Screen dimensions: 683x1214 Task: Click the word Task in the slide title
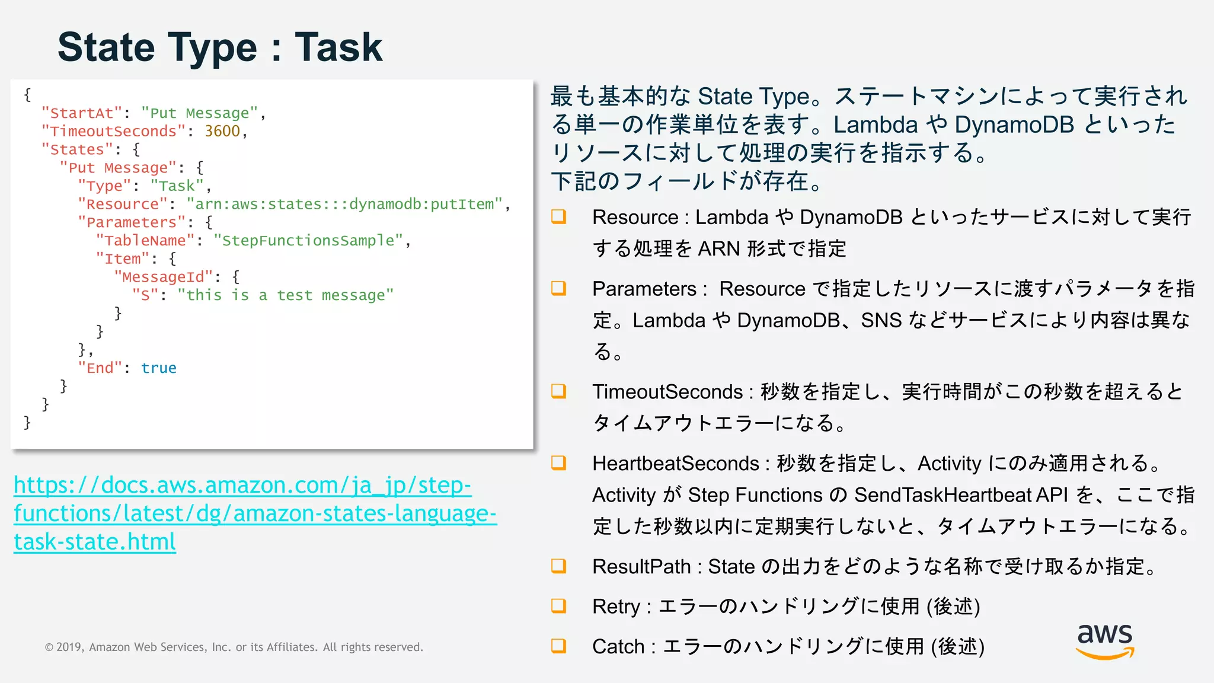(338, 47)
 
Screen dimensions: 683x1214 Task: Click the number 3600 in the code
(222, 131)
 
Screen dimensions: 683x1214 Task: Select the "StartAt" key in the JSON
(82, 113)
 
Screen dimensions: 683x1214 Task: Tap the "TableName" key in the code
(145, 241)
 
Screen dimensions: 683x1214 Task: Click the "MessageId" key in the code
(163, 277)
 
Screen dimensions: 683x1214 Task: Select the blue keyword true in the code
(158, 368)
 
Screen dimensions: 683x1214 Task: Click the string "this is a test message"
(285, 295)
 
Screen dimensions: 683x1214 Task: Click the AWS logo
(1104, 641)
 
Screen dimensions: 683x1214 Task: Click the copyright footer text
(234, 647)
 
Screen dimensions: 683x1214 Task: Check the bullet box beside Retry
(558, 606)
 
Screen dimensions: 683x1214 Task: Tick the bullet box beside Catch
(558, 646)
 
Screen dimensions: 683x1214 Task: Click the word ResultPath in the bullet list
(641, 567)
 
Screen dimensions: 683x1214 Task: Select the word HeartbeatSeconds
(676, 464)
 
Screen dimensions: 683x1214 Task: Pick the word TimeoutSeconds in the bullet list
(667, 392)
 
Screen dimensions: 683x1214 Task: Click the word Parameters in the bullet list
(644, 289)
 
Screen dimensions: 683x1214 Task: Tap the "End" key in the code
(100, 368)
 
